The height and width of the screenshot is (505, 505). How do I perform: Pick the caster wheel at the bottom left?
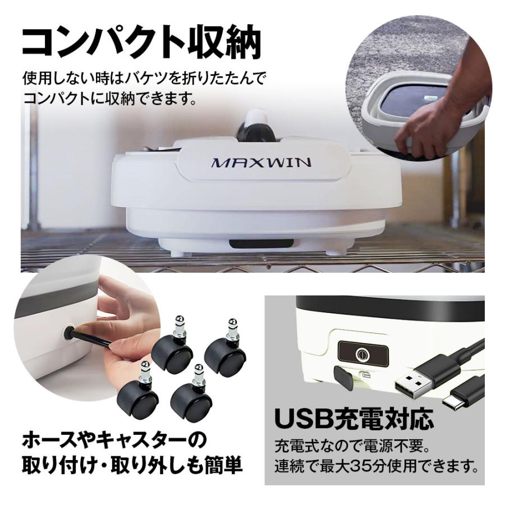(138, 393)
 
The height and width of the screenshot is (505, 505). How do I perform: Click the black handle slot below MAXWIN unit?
(261, 244)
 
